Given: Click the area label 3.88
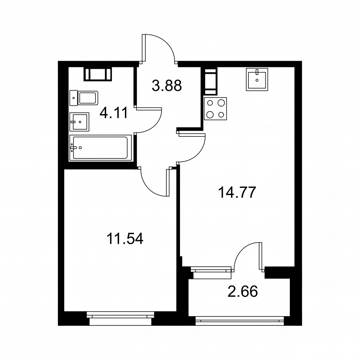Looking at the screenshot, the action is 167,85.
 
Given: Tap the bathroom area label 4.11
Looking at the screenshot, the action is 114,113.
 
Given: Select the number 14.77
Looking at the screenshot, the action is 237,192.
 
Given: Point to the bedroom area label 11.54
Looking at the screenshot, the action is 125,239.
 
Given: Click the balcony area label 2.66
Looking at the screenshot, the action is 243,291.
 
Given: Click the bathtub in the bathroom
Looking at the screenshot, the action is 100,148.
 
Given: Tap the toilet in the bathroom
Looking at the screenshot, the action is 84,98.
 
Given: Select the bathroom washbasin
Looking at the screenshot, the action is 79,122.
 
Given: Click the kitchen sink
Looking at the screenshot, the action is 257,79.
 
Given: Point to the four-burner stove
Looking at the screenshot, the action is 215,109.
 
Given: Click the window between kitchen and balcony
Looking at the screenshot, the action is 211,272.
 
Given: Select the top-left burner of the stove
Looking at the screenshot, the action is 210,103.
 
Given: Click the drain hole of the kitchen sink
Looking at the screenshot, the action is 257,80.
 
